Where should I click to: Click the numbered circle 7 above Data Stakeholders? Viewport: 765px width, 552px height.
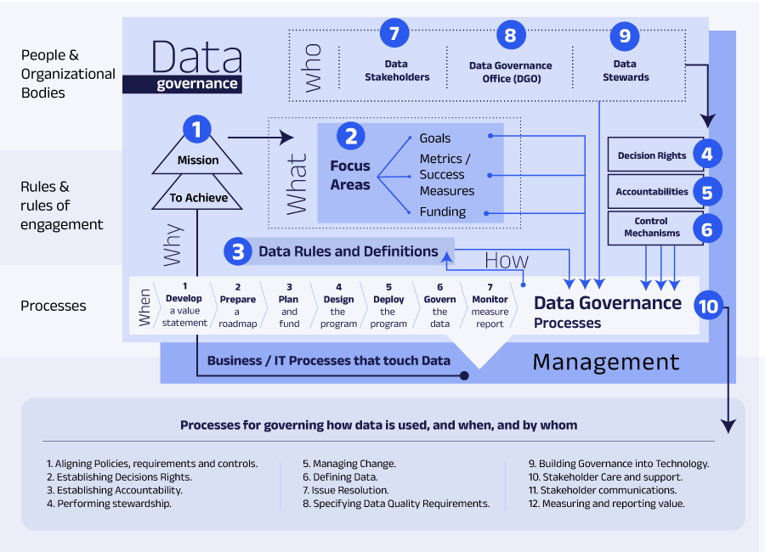[x=394, y=34]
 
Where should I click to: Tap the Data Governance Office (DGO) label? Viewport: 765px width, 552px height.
[x=510, y=72]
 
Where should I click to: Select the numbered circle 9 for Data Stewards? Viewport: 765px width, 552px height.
[x=625, y=36]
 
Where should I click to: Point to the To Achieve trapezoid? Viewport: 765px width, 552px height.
[x=198, y=197]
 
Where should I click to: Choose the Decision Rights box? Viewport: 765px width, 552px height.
[x=652, y=155]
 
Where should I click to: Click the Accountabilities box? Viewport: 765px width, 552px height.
[x=652, y=192]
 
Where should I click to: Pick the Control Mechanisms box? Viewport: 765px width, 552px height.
[x=652, y=228]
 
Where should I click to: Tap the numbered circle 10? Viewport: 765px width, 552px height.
[x=708, y=306]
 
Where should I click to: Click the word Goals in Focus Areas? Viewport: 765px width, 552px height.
[x=435, y=138]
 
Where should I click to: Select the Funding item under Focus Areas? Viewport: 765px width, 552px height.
[x=443, y=211]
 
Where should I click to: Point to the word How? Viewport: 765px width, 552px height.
[x=507, y=260]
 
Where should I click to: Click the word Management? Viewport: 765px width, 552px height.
[x=605, y=363]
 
